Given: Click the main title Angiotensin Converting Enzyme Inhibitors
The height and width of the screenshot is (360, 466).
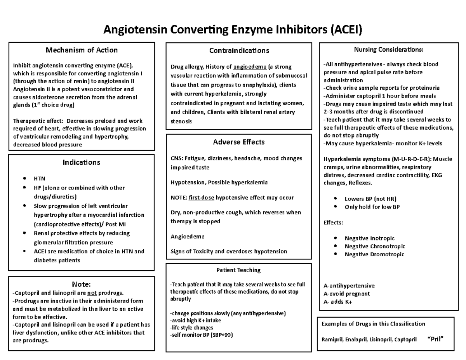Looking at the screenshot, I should [x=232, y=30].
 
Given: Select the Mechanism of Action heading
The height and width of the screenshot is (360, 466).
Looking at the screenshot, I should [x=82, y=50].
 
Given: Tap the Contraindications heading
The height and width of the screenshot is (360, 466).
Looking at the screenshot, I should [x=239, y=50].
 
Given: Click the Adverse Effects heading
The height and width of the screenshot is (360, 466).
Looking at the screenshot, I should [x=239, y=142].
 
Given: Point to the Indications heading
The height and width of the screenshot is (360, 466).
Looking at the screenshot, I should [x=82, y=162].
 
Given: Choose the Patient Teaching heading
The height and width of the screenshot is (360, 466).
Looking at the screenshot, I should [x=238, y=270].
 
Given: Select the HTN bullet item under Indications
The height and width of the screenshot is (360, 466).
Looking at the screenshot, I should [x=40, y=179].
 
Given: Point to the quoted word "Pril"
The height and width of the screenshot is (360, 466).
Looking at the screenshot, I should [x=435, y=339].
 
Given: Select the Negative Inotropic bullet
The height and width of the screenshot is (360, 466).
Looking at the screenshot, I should [x=369, y=238].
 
